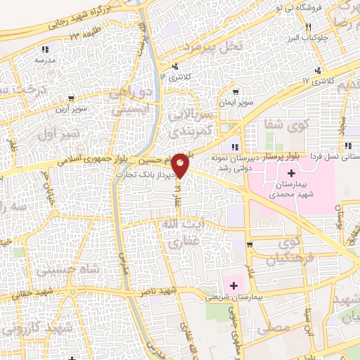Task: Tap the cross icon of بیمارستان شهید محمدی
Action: click(292, 173)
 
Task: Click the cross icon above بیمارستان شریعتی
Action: click(233, 285)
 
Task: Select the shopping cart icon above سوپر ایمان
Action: click(236, 91)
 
